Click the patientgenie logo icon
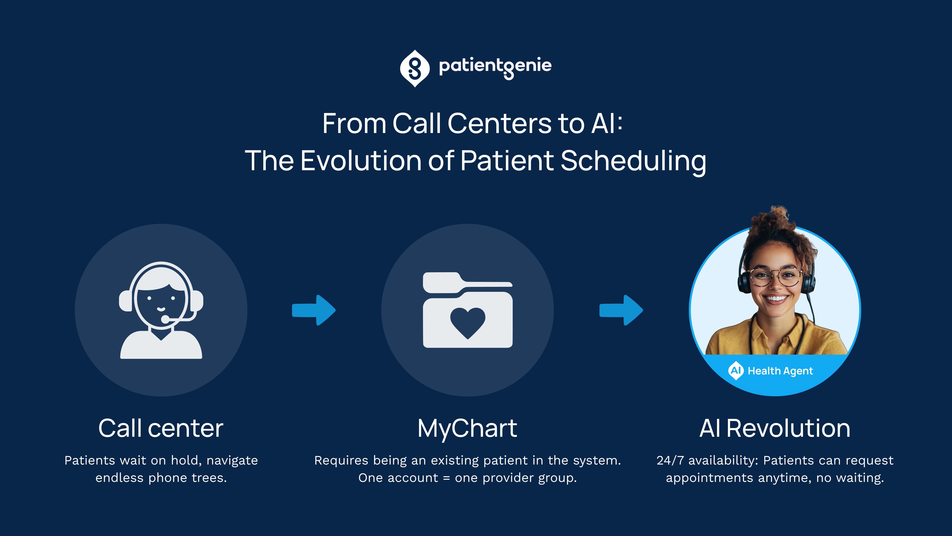pyautogui.click(x=415, y=68)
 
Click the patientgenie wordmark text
pyautogui.click(x=495, y=67)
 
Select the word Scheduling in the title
pyautogui.click(x=633, y=162)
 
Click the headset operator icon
pyautogui.click(x=161, y=310)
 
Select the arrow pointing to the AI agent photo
pyautogui.click(x=621, y=310)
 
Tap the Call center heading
pyautogui.click(x=161, y=428)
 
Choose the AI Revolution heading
pyautogui.click(x=775, y=428)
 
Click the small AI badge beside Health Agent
pyautogui.click(x=736, y=370)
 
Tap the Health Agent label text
pyautogui.click(x=780, y=371)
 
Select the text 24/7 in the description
pyautogui.click(x=670, y=461)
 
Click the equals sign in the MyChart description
pyautogui.click(x=446, y=478)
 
